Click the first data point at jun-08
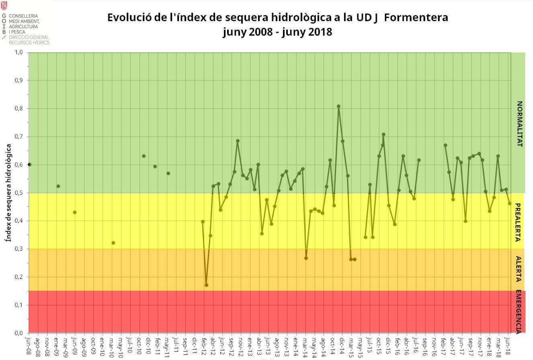[x=30, y=164]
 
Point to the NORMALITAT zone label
[x=519, y=124]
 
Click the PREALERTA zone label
[x=518, y=222]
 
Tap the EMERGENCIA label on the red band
[x=519, y=312]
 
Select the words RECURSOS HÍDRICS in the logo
[x=29, y=43]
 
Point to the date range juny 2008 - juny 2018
[x=277, y=32]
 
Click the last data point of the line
[x=510, y=203]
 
